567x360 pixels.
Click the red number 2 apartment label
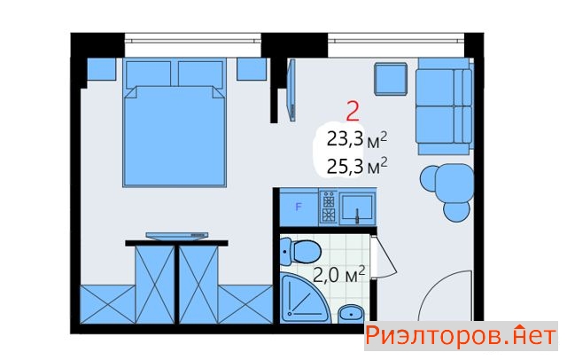[353, 111]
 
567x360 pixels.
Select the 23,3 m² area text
[356, 140]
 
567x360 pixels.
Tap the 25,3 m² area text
[357, 166]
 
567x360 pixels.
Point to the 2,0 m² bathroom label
[338, 275]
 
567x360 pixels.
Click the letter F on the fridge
[299, 207]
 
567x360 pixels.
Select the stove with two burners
[329, 207]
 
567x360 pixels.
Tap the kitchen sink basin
[357, 207]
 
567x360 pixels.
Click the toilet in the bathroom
[300, 251]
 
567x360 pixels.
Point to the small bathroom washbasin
[351, 313]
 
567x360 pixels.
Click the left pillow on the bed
[148, 74]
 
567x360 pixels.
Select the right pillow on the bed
[200, 74]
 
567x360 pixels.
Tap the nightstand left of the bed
[102, 69]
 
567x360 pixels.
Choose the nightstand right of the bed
[252, 69]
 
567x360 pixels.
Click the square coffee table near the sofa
[391, 79]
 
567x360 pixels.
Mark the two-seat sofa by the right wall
[445, 106]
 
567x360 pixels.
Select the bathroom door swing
[384, 256]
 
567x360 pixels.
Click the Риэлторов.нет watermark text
[461, 336]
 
